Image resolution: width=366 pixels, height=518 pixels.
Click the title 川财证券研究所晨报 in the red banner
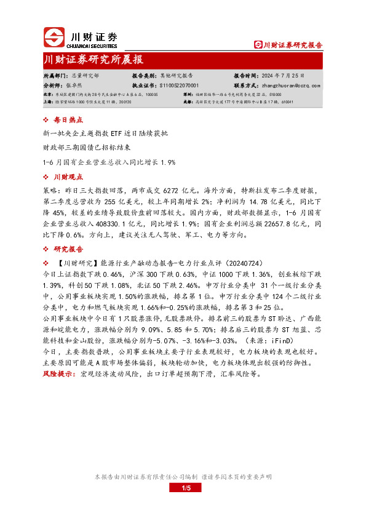click(93, 60)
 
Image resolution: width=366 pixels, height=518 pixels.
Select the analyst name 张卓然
click(74, 86)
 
